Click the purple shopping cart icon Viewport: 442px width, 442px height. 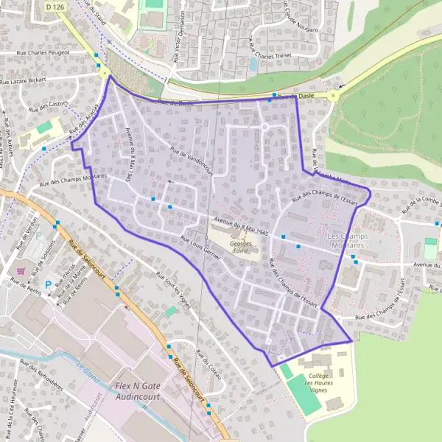pyautogui.click(x=20, y=271)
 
